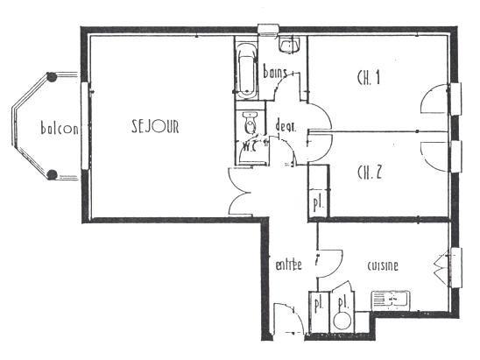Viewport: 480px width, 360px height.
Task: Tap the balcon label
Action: (x=60, y=130)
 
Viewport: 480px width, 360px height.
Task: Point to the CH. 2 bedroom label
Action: (x=369, y=171)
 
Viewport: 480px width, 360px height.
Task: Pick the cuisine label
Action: (x=383, y=265)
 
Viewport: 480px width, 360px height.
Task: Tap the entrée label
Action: (x=288, y=265)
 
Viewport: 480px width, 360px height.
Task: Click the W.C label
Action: (x=249, y=147)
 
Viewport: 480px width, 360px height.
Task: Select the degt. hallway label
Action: (x=286, y=125)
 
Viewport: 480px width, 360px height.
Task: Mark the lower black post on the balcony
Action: (x=52, y=175)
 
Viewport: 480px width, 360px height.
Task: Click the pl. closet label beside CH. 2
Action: (x=317, y=202)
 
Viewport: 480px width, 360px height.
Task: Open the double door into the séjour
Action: (x=239, y=189)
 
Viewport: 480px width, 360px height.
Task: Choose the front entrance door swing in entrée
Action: (x=286, y=319)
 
